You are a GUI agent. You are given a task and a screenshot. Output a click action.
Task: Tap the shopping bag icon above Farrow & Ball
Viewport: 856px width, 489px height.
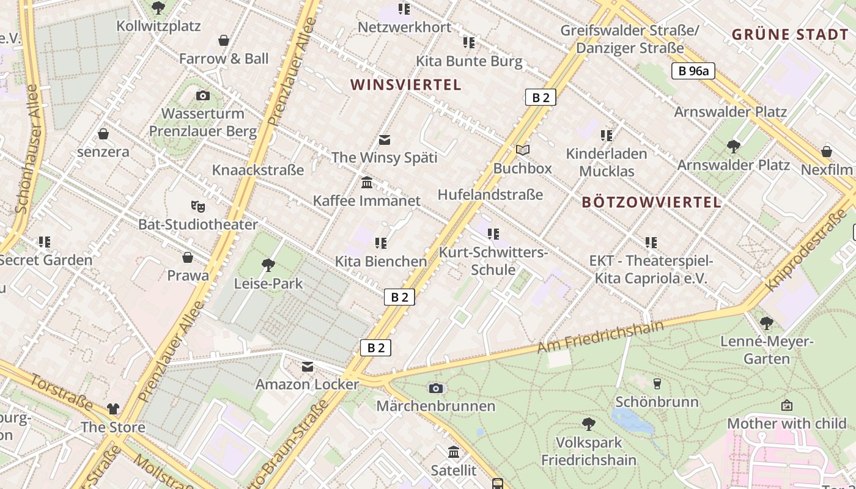(x=224, y=41)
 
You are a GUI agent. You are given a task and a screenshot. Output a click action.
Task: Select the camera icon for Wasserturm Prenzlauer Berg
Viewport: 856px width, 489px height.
(x=203, y=96)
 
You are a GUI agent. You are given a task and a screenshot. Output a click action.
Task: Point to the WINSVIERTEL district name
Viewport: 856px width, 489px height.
(x=405, y=85)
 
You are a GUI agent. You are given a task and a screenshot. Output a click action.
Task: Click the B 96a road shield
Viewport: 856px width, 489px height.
(x=693, y=71)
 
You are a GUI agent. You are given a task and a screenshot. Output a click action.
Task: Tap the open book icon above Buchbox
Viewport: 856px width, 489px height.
(x=522, y=150)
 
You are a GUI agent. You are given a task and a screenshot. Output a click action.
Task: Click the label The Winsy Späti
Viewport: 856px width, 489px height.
(x=384, y=158)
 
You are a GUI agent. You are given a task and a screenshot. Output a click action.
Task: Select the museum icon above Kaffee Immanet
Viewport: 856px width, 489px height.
(x=367, y=182)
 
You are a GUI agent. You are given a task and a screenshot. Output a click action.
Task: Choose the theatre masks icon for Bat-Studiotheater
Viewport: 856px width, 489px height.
(x=197, y=206)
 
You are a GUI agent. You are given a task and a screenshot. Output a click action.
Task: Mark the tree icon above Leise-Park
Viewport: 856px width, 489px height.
(x=268, y=265)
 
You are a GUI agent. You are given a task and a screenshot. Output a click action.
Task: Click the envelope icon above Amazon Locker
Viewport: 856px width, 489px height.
(x=307, y=366)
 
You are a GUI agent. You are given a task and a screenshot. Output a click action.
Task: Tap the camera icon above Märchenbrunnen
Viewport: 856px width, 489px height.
(x=435, y=388)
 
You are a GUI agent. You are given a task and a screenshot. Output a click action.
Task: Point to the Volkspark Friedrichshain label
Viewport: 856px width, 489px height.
(x=589, y=451)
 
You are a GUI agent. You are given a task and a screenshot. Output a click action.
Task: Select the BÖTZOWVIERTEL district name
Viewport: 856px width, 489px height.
(x=651, y=202)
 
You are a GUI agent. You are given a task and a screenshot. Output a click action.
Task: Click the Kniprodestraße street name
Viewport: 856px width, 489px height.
(x=807, y=251)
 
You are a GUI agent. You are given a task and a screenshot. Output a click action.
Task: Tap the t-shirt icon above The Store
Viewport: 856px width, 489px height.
(x=113, y=408)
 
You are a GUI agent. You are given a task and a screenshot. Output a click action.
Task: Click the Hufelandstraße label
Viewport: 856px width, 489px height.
(x=490, y=195)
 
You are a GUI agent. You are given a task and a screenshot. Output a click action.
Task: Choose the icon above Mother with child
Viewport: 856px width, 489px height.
(x=787, y=405)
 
